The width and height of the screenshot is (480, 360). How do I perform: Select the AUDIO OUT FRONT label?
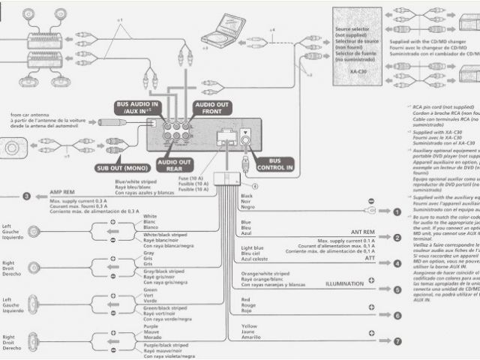pyautogui.click(x=212, y=107)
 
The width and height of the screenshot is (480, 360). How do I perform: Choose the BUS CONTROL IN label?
pyautogui.click(x=274, y=164)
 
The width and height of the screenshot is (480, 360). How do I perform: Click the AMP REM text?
pyautogui.click(x=63, y=193)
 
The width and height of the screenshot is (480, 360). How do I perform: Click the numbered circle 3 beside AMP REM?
pyautogui.click(x=26, y=196)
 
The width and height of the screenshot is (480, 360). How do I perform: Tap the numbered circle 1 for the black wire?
pyautogui.click(x=397, y=213)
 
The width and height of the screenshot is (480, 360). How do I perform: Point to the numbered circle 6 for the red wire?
pyautogui.click(x=397, y=316)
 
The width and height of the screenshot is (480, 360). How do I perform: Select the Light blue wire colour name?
pyautogui.click(x=253, y=247)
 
